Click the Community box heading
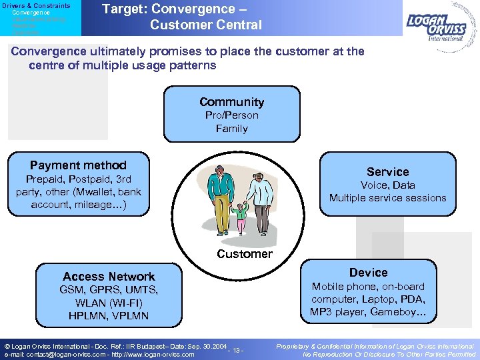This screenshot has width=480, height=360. pyautogui.click(x=231, y=102)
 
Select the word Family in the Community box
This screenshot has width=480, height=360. pyautogui.click(x=231, y=128)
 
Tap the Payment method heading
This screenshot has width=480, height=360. pyautogui.click(x=78, y=165)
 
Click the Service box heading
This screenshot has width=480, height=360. pyautogui.click(x=387, y=171)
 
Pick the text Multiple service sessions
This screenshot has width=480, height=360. pyautogui.click(x=387, y=198)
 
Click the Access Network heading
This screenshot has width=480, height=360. pyautogui.click(x=109, y=276)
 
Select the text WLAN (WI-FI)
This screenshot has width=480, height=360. pyautogui.click(x=109, y=303)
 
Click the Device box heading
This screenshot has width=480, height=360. pyautogui.click(x=368, y=272)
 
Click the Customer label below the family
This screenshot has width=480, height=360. pyautogui.click(x=245, y=253)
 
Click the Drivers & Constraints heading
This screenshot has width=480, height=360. pyautogui.click(x=35, y=5)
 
